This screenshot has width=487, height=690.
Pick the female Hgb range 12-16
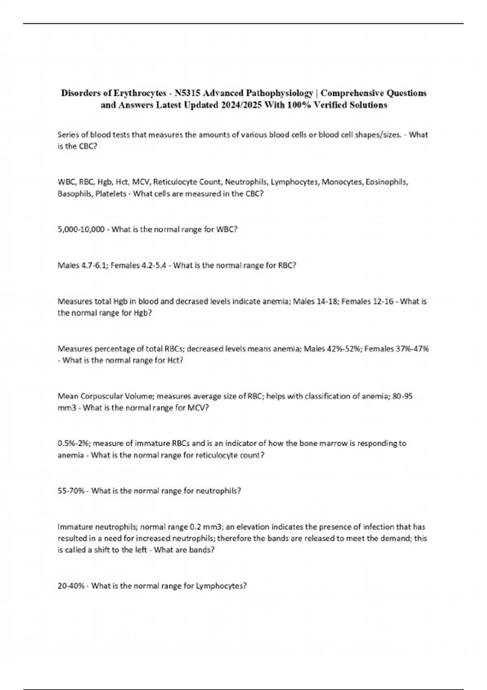click(382, 302)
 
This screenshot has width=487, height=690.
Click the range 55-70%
click(71, 491)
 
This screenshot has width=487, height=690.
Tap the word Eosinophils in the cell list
click(386, 182)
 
